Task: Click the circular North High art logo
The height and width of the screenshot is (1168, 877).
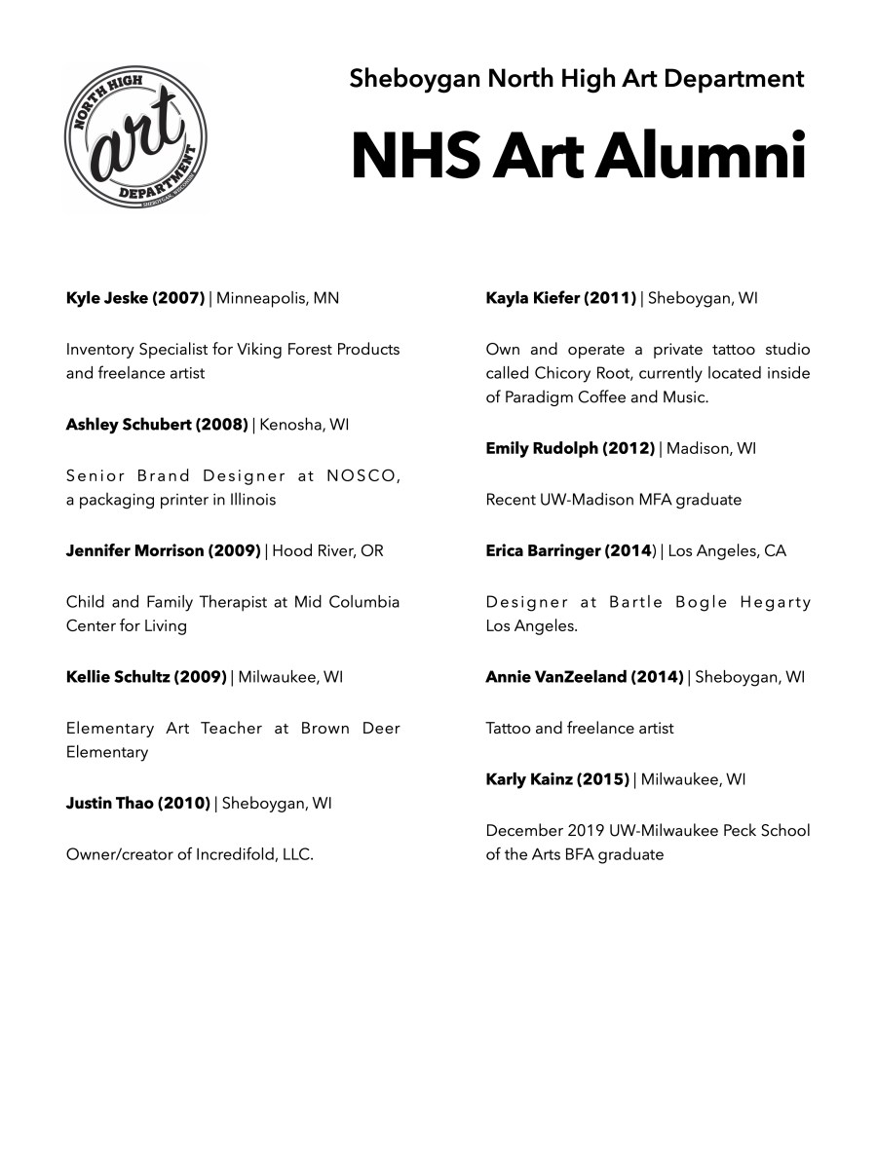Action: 135,138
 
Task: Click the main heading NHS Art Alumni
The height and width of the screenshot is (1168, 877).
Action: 579,156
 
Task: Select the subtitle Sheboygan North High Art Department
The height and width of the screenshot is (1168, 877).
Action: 577,79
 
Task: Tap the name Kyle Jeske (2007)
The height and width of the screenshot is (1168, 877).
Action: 135,298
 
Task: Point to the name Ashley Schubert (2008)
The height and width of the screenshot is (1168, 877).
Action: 157,425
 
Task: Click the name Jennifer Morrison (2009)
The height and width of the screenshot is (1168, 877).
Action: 163,551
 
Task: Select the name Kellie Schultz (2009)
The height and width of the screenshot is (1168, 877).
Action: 146,677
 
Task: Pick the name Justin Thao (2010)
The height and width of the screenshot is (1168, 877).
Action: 138,804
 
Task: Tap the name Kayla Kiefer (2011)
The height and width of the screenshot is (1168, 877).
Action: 561,298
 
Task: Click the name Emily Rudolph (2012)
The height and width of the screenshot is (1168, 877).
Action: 570,449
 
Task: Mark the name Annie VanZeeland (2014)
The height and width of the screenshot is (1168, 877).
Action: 585,677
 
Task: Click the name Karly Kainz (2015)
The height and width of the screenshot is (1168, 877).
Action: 557,779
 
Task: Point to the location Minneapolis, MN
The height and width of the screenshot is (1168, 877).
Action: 278,298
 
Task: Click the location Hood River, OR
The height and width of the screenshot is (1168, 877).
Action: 328,551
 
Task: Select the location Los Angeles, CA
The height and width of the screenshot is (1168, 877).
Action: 727,551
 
